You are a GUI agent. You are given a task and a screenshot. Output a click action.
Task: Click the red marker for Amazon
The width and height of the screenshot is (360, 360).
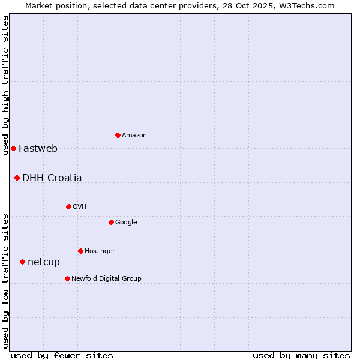118,135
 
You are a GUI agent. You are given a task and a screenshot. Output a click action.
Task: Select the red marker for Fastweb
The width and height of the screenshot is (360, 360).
13,148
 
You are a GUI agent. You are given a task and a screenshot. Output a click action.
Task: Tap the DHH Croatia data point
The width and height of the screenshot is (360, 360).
17,178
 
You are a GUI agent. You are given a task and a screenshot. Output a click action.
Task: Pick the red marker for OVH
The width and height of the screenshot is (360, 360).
68,206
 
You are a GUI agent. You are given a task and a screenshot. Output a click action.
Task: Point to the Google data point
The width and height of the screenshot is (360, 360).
111,222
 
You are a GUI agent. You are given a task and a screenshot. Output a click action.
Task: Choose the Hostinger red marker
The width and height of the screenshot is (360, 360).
80,251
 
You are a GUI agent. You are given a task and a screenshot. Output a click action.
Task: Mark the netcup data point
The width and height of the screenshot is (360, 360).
22,262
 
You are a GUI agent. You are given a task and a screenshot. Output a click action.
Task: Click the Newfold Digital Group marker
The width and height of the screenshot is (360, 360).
67,278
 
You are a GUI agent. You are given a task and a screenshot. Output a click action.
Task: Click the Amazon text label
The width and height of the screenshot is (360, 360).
134,136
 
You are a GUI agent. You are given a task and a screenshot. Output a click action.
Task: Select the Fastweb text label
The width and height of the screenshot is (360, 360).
38,149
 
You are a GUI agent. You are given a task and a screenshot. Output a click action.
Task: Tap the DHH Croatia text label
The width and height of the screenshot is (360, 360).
52,178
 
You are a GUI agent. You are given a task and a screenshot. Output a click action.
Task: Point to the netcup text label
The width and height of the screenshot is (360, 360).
44,262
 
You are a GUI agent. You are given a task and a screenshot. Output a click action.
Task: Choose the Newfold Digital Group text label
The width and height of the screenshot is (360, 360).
106,278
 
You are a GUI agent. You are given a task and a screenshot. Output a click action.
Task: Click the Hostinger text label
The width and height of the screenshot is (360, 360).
100,251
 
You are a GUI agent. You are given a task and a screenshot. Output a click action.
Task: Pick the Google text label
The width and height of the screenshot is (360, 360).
126,223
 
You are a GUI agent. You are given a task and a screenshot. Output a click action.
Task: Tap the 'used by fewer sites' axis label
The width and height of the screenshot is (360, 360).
62,355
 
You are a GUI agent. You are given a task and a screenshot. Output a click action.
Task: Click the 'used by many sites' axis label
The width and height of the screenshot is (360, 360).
301,355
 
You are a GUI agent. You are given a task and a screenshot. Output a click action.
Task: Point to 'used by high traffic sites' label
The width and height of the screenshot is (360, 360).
5,85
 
